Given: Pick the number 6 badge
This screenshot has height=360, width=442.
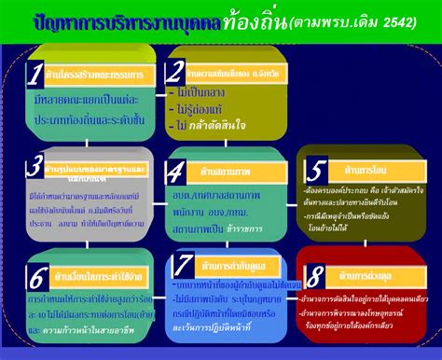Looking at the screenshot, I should click(36, 277).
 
